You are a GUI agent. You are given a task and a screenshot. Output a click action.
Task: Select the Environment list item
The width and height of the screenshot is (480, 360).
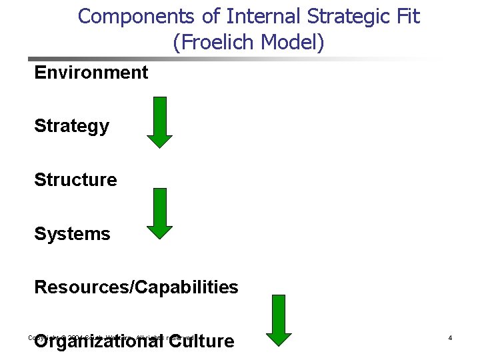pyautogui.click(x=91, y=72)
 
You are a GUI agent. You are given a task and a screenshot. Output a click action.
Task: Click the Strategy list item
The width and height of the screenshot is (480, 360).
pyautogui.click(x=71, y=126)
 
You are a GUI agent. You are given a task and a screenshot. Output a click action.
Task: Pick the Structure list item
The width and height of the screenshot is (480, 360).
pyautogui.click(x=75, y=180)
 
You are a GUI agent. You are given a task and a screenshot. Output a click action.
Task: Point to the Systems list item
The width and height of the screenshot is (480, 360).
pyautogui.click(x=72, y=234)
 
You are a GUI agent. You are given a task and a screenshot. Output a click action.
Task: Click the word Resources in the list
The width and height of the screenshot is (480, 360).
pyautogui.click(x=80, y=287)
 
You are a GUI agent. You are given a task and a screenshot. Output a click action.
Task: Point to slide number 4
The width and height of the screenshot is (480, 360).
pyautogui.click(x=450, y=339)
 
